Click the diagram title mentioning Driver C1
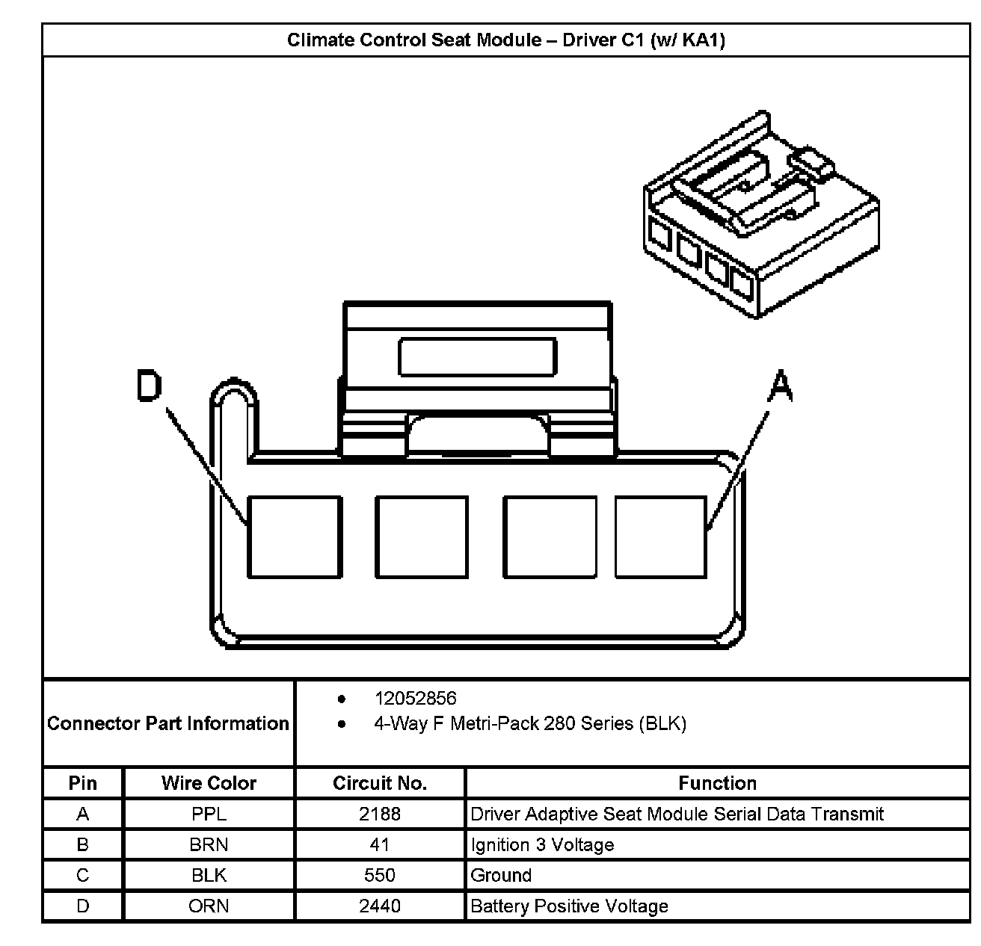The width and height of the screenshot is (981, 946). point(506,40)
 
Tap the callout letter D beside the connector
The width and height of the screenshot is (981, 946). point(150,386)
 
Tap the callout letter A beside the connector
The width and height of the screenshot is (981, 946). point(780,386)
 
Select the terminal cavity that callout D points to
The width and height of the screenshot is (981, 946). point(295,537)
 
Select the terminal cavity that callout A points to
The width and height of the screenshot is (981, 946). point(661,537)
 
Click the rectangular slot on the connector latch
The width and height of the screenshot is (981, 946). point(478,356)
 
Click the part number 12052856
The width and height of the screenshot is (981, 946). point(415,698)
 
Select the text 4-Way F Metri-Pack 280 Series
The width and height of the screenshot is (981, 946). point(529,723)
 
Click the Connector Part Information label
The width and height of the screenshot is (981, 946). point(168,723)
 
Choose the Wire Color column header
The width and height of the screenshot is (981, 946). point(209,783)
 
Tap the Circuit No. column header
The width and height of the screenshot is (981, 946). point(380,783)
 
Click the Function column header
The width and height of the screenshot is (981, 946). point(717,783)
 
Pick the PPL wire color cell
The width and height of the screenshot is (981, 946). point(209,814)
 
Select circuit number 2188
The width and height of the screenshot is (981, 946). point(380,814)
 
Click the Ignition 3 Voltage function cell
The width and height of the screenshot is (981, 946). point(542,844)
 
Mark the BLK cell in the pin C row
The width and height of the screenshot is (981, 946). point(209,875)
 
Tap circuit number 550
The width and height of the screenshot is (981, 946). point(380,875)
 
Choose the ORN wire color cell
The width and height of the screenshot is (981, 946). point(209,906)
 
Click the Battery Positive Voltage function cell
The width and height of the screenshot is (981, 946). point(569,906)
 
